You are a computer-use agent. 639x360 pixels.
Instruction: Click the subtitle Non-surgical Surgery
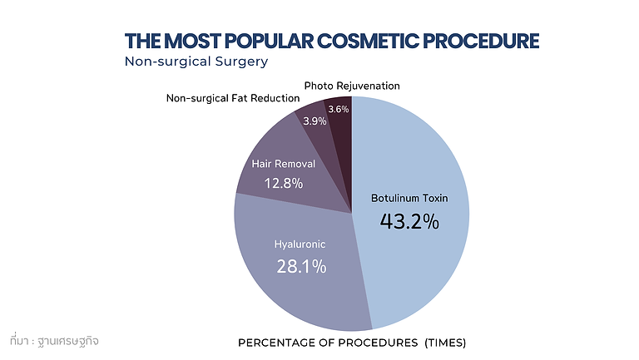click(x=196, y=62)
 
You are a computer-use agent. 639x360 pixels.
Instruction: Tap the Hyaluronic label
click(x=300, y=245)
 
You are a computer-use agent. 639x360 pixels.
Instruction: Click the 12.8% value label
click(x=284, y=183)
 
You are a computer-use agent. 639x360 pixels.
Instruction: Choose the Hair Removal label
click(x=284, y=165)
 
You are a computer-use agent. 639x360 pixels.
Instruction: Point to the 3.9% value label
click(x=315, y=121)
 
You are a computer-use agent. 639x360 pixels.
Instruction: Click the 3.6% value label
click(x=339, y=109)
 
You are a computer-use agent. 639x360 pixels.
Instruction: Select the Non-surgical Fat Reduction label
click(x=232, y=98)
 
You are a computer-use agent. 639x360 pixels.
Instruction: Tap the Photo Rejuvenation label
click(x=352, y=86)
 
